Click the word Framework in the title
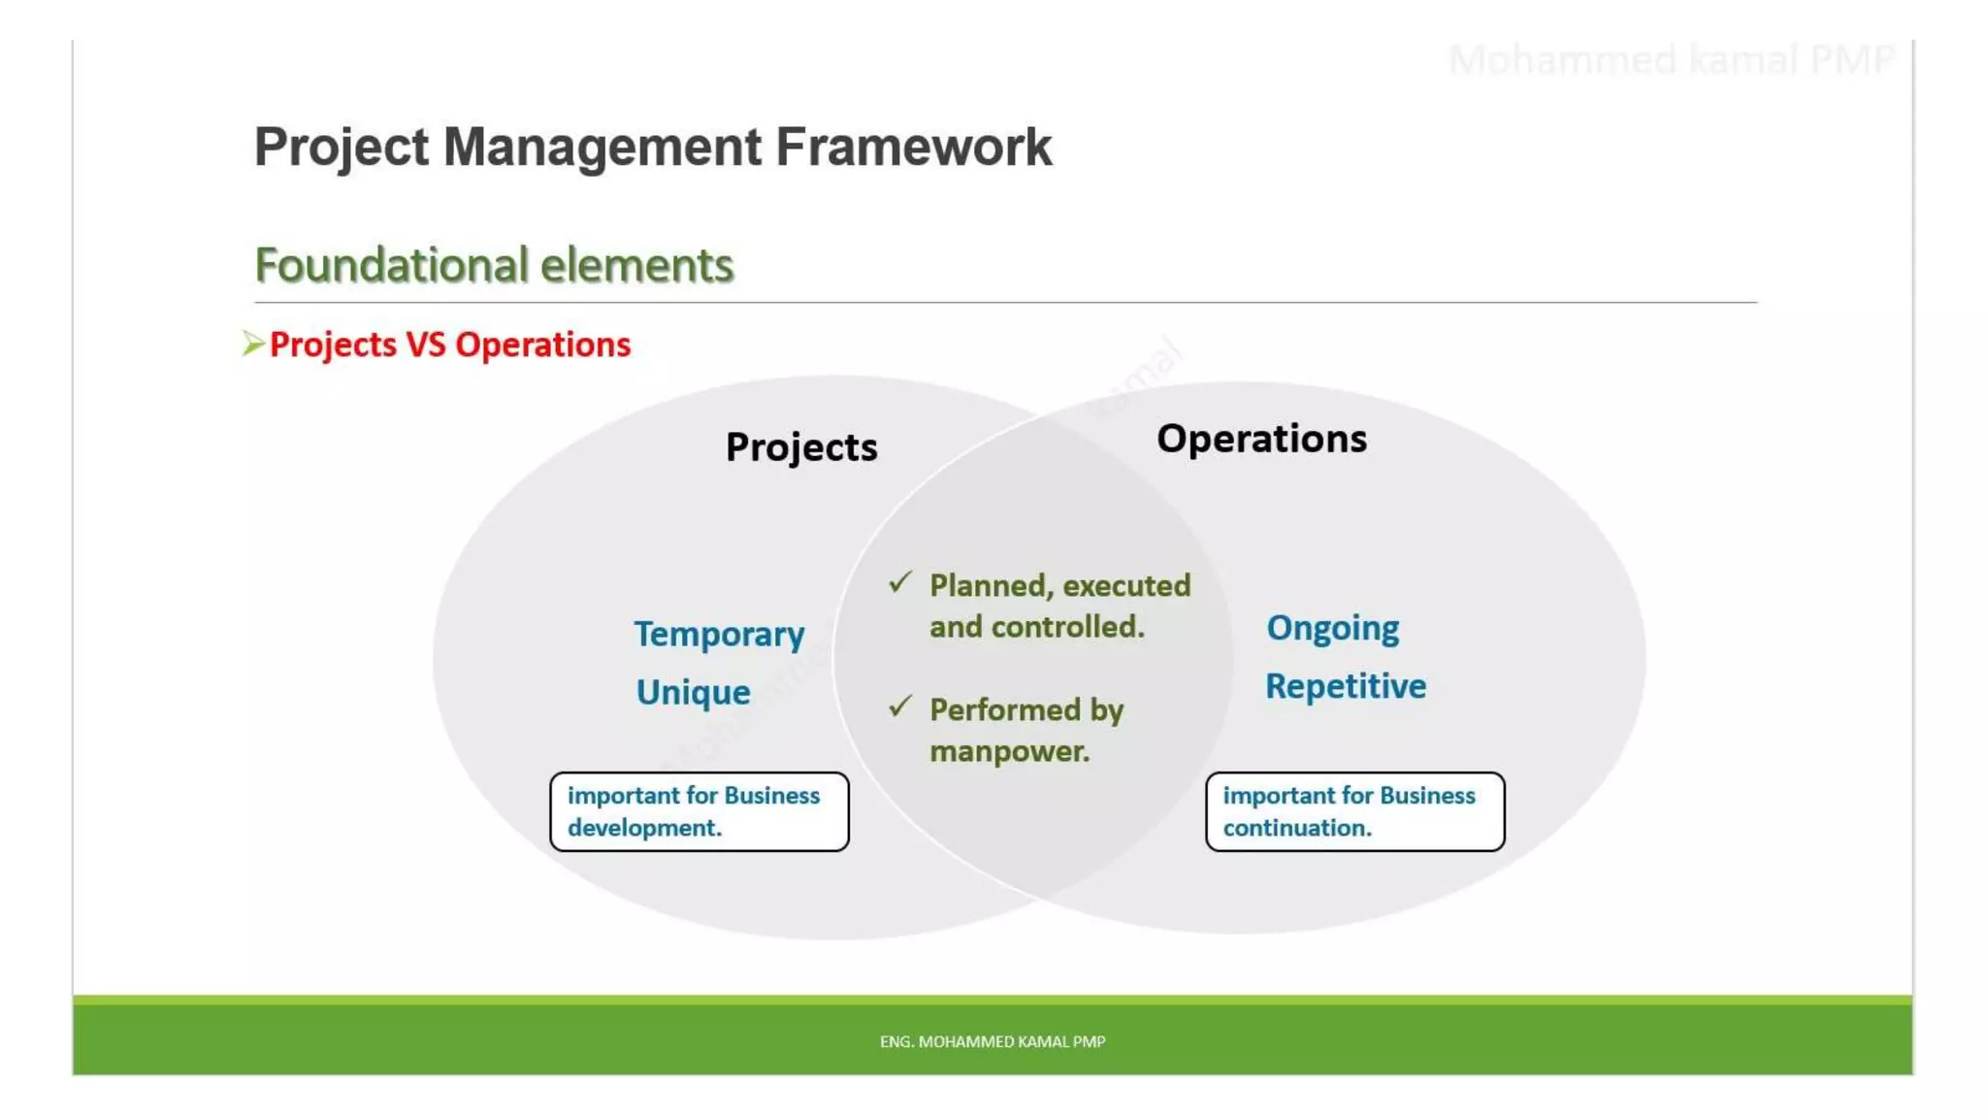pyautogui.click(x=913, y=148)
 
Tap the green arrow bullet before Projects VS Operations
pyautogui.click(x=253, y=344)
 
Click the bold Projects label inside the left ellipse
pyautogui.click(x=801, y=447)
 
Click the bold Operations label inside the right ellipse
pyautogui.click(x=1261, y=439)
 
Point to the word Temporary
pyautogui.click(x=719, y=635)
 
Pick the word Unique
pyautogui.click(x=693, y=693)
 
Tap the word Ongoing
pyautogui.click(x=1332, y=629)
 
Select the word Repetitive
pyautogui.click(x=1346, y=687)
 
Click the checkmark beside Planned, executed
pyautogui.click(x=900, y=582)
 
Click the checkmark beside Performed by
pyautogui.click(x=900, y=707)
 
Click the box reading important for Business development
pyautogui.click(x=699, y=812)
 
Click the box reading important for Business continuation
pyautogui.click(x=1354, y=812)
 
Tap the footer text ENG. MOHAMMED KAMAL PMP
pyautogui.click(x=993, y=1041)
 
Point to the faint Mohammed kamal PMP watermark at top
pyautogui.click(x=1670, y=60)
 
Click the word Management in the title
pyautogui.click(x=602, y=148)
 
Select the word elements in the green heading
pyautogui.click(x=636, y=266)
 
